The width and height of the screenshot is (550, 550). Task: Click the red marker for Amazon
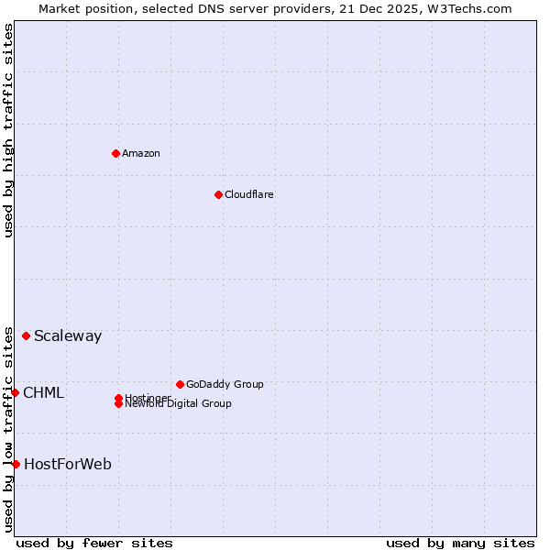pyautogui.click(x=115, y=153)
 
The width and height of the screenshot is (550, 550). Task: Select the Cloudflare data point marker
pyautogui.click(x=218, y=194)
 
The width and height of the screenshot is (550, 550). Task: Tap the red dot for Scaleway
pyautogui.click(x=26, y=335)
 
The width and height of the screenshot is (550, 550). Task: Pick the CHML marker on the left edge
pyautogui.click(x=15, y=392)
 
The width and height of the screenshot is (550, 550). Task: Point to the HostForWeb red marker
pyautogui.click(x=16, y=464)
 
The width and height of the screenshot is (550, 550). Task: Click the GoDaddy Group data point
pyautogui.click(x=180, y=384)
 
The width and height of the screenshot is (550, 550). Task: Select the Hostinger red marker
pyautogui.click(x=118, y=398)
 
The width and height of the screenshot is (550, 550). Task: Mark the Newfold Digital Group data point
pyautogui.click(x=118, y=403)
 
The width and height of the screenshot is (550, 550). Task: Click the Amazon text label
pyautogui.click(x=140, y=153)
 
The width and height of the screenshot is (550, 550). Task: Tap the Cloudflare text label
pyautogui.click(x=248, y=194)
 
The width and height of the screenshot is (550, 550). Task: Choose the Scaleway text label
pyautogui.click(x=68, y=335)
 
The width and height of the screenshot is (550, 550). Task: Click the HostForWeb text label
pyautogui.click(x=68, y=464)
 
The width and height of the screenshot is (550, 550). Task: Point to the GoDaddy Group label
pyautogui.click(x=225, y=384)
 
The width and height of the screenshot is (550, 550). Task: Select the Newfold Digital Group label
pyautogui.click(x=178, y=404)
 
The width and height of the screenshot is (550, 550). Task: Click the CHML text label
pyautogui.click(x=43, y=392)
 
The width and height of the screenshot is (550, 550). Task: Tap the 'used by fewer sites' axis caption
pyautogui.click(x=94, y=543)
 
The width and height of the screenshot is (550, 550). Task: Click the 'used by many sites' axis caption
pyautogui.click(x=460, y=543)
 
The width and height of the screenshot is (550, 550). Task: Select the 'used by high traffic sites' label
pyautogui.click(x=8, y=130)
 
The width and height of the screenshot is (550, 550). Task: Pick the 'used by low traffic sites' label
pyautogui.click(x=8, y=428)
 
